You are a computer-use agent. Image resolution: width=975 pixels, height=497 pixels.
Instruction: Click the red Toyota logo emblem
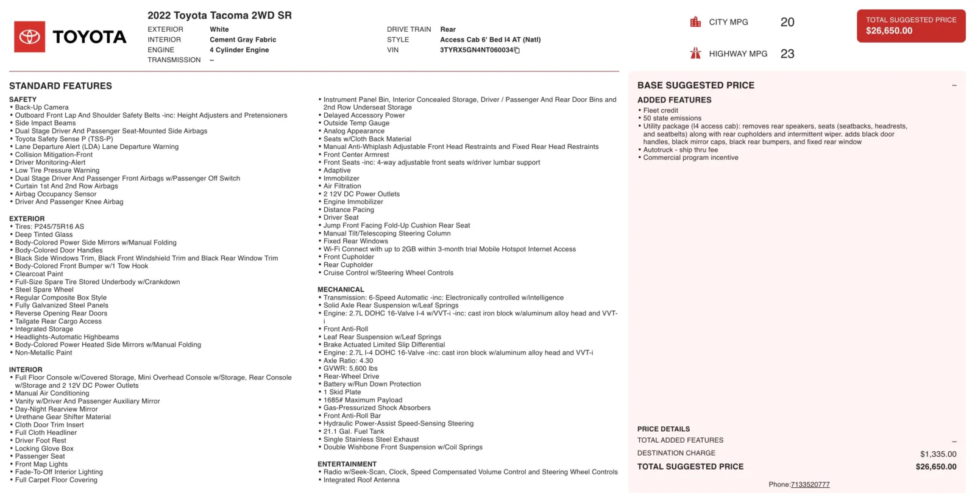(29, 37)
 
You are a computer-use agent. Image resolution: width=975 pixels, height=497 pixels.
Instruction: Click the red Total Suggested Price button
(910, 26)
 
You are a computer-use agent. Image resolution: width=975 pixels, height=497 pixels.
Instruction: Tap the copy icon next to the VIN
(517, 51)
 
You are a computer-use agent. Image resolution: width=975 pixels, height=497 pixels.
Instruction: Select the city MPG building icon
(695, 22)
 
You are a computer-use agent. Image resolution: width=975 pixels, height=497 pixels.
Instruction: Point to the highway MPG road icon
(695, 54)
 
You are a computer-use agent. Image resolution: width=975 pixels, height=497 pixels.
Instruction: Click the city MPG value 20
(787, 23)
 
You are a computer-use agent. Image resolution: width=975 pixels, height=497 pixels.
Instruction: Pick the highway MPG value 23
(787, 54)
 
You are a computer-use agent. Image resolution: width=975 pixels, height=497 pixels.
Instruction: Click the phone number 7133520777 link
(810, 485)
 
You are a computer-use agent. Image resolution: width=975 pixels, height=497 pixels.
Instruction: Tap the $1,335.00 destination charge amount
(938, 454)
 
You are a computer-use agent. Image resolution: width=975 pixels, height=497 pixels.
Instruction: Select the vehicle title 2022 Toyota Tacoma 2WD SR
(219, 15)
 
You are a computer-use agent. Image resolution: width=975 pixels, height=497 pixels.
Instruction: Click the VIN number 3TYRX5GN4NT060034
(476, 50)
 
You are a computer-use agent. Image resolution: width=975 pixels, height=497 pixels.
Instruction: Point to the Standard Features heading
(60, 86)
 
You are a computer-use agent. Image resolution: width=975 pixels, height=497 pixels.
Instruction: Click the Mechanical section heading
(341, 290)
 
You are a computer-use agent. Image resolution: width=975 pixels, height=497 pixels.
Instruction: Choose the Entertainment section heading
(347, 464)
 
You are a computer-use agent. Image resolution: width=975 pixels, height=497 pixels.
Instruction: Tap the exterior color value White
(219, 29)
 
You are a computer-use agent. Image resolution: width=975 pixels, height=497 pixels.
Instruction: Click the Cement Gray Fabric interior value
(243, 40)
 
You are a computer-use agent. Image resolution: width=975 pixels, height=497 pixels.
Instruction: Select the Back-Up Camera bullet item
(41, 107)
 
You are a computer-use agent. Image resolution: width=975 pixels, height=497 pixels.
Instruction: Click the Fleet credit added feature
(661, 110)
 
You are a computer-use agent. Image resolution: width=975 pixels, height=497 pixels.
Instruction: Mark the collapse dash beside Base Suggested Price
(954, 85)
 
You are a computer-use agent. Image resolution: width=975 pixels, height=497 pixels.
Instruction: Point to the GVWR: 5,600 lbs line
(350, 368)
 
